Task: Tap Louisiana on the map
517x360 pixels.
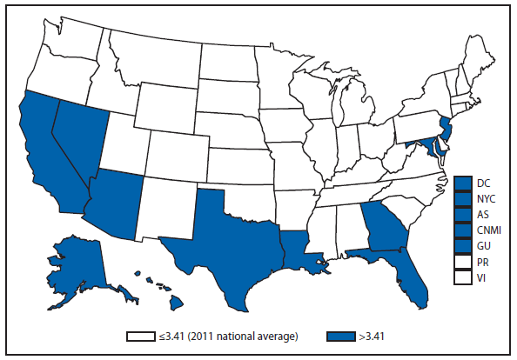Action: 301,247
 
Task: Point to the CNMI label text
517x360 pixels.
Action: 488,230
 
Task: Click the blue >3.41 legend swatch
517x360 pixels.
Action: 342,335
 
